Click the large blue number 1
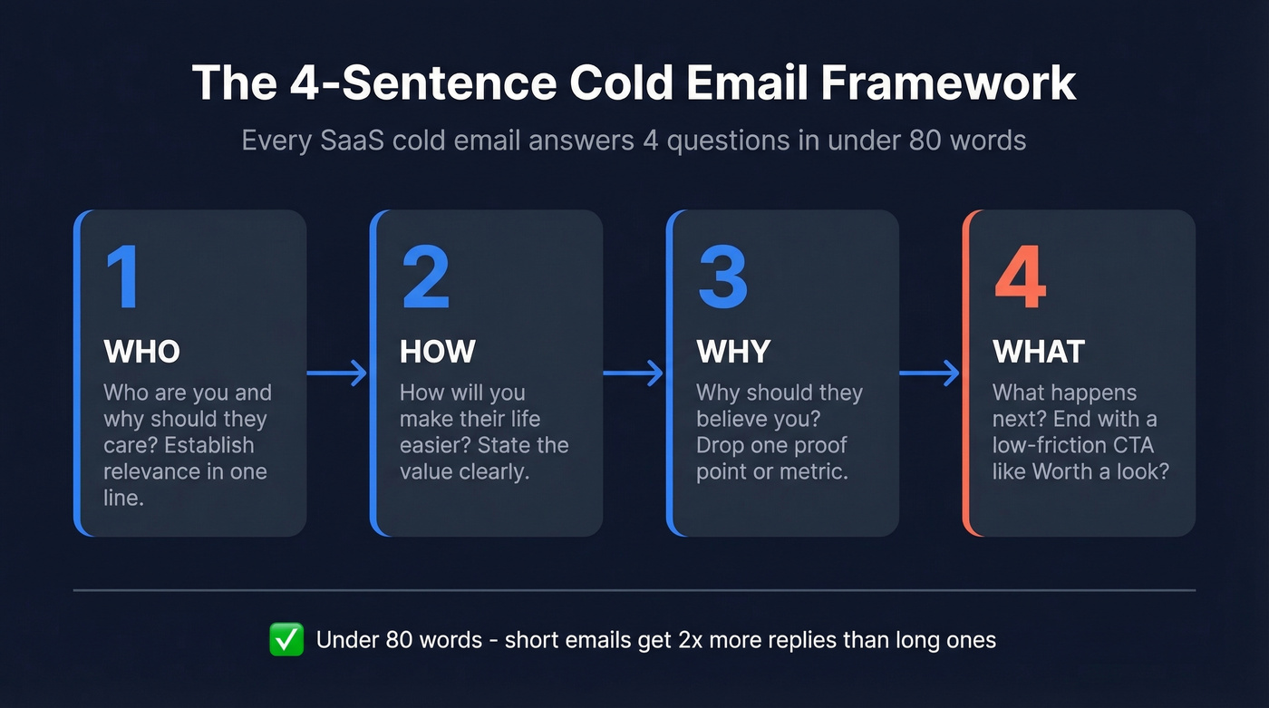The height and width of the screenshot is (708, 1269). click(122, 276)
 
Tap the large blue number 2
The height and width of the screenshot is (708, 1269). click(425, 276)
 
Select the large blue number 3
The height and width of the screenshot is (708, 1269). click(722, 276)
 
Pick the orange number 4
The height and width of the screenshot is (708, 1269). click(1021, 276)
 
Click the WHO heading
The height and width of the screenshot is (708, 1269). click(142, 352)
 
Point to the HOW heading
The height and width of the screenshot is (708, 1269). click(438, 352)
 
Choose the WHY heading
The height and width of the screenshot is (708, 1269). click(733, 352)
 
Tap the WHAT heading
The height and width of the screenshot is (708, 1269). click(1039, 352)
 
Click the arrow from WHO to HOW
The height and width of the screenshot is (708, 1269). click(337, 373)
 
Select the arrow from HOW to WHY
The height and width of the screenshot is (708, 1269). click(634, 373)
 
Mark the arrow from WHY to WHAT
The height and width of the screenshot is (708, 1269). click(930, 373)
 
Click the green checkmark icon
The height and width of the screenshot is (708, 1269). click(286, 640)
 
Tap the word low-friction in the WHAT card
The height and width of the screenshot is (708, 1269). click(1048, 446)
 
